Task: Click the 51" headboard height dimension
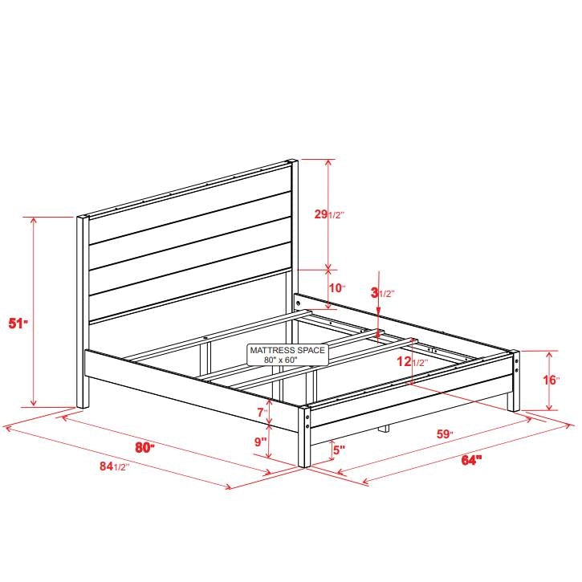(18, 324)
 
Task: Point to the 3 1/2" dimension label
(382, 294)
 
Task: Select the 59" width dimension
(444, 434)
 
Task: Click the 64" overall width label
(471, 460)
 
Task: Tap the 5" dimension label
(339, 450)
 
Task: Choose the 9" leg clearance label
(260, 442)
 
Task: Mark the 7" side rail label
(261, 413)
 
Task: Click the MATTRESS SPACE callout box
(287, 355)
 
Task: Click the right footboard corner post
(514, 381)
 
